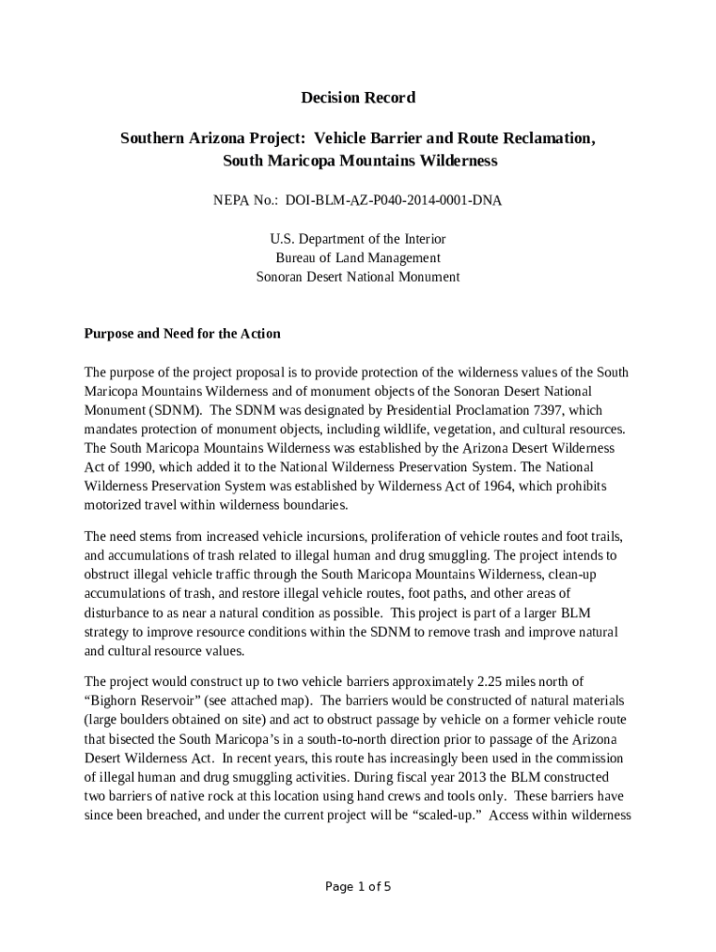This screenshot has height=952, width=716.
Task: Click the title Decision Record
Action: click(358, 98)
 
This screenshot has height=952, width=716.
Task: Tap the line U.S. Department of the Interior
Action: click(358, 239)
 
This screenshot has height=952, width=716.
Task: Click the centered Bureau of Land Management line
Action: click(358, 258)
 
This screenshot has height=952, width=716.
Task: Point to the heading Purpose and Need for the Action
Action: click(182, 334)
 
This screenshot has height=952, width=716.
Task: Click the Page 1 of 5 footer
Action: click(358, 886)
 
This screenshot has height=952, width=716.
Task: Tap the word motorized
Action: click(114, 505)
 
